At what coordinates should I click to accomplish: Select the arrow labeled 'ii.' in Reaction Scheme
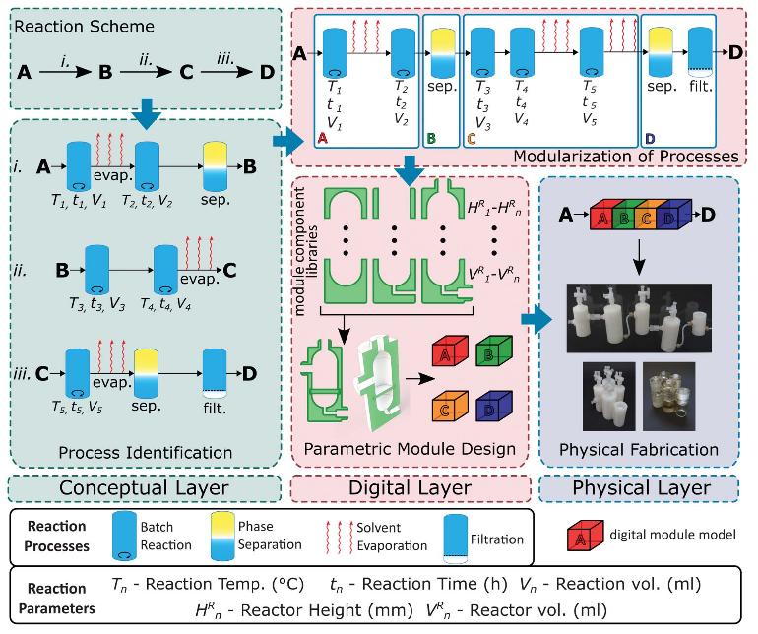(x=146, y=72)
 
